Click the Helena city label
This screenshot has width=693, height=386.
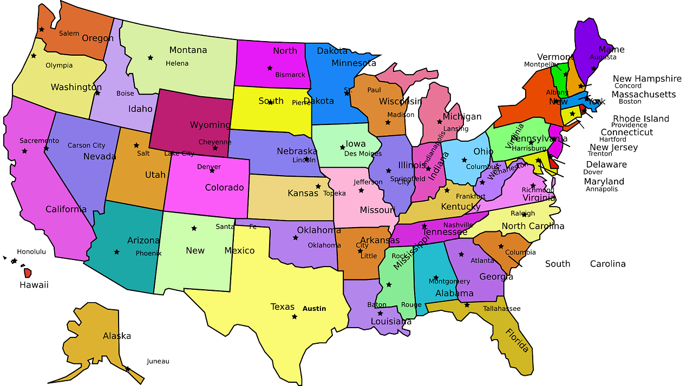(x=177, y=63)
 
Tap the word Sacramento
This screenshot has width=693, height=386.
(x=39, y=141)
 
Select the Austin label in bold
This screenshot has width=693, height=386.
(x=314, y=309)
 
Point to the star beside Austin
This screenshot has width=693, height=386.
(x=295, y=316)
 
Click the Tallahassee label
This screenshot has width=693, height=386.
(x=501, y=309)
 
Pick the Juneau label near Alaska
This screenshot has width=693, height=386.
(x=158, y=361)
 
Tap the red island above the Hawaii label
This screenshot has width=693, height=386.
(x=28, y=273)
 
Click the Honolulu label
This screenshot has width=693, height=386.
(x=31, y=251)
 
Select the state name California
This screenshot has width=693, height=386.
(x=66, y=209)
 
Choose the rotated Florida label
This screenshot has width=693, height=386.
(x=517, y=340)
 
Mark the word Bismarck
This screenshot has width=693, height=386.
(x=290, y=75)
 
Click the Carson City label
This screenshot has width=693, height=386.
(x=87, y=145)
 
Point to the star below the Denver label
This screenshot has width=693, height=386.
(x=212, y=170)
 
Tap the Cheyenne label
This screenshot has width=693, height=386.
(x=215, y=142)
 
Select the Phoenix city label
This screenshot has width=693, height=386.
(x=148, y=253)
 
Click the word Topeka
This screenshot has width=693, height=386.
(x=334, y=193)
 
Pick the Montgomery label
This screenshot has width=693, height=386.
(x=449, y=281)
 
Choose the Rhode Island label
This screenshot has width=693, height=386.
(x=641, y=118)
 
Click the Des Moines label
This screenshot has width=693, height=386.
(x=363, y=154)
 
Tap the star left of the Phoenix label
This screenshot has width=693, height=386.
(x=116, y=252)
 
